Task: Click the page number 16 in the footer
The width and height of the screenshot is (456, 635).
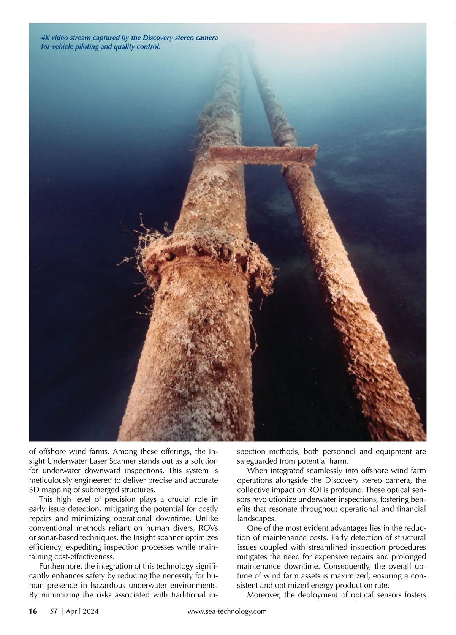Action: tap(33, 611)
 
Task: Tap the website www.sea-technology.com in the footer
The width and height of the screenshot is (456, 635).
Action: tap(227, 611)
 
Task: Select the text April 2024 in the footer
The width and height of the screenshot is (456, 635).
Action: tap(82, 611)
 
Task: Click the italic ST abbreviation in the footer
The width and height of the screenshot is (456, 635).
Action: tap(54, 611)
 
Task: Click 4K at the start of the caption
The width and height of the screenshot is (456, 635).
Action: tap(45, 38)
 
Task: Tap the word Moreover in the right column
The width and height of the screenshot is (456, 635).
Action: tap(264, 595)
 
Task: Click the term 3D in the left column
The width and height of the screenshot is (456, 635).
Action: tap(34, 490)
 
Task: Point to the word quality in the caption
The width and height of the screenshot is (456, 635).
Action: tap(121, 47)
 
